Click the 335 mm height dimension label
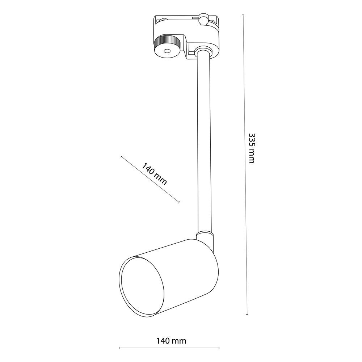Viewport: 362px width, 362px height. [x=252, y=148]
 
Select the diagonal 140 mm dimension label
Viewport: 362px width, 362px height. [x=154, y=174]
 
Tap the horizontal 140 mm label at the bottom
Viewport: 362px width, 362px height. [x=171, y=341]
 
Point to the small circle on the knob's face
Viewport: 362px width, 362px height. [x=166, y=51]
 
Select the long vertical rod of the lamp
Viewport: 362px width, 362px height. [x=204, y=143]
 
